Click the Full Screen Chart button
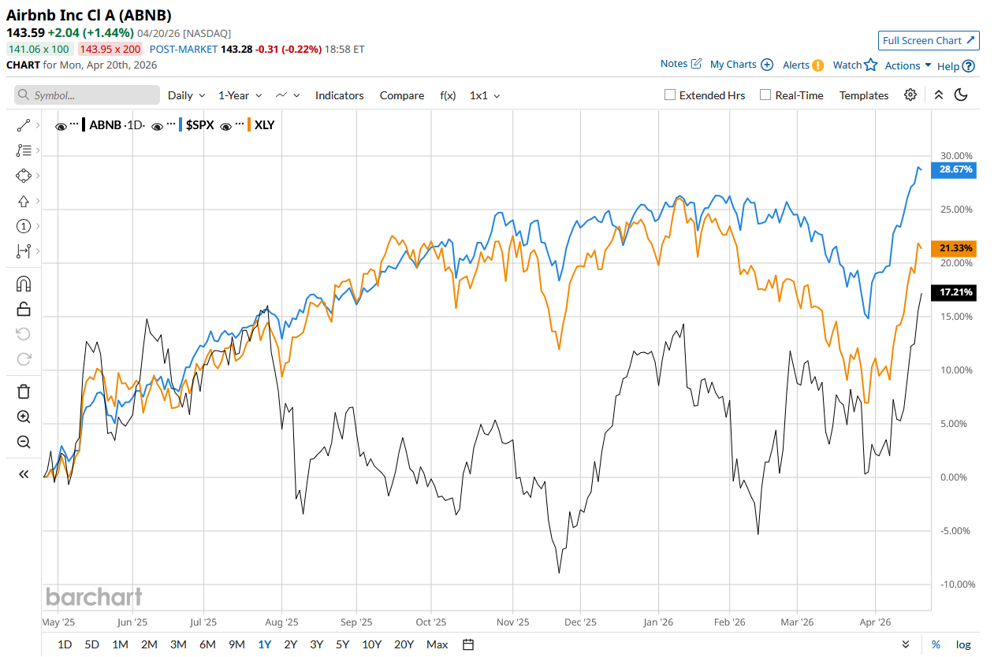(x=929, y=40)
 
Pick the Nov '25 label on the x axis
(x=512, y=622)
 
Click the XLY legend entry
(x=263, y=124)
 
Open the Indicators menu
(x=339, y=95)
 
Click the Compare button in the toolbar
(x=402, y=95)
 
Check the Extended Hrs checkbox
(x=670, y=95)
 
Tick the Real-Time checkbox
(x=765, y=95)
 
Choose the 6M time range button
(x=207, y=644)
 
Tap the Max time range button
(x=437, y=644)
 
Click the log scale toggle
(x=963, y=644)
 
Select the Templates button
(x=864, y=95)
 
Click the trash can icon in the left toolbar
(x=24, y=392)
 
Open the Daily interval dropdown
(x=186, y=95)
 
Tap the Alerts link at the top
(x=802, y=65)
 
